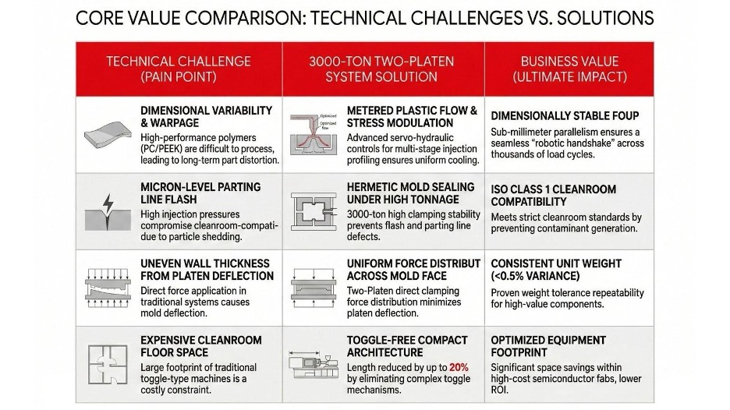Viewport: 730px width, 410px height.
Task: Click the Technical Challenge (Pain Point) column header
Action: [x=179, y=69]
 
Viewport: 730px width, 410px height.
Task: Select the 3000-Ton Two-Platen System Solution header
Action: [x=381, y=69]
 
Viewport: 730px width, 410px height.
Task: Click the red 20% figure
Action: [x=459, y=366]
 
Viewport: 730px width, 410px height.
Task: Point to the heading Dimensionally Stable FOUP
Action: [x=565, y=116]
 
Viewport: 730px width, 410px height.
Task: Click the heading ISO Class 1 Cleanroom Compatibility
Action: [x=553, y=195]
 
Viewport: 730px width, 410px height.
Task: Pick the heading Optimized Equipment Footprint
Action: [x=548, y=346]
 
